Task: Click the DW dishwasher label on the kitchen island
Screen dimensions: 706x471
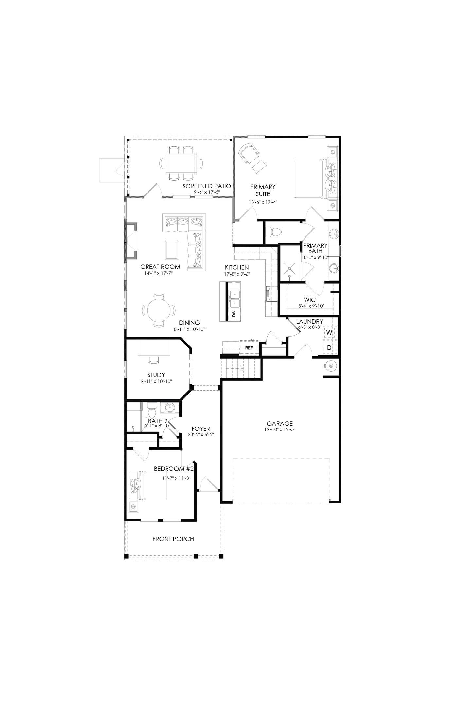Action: (234, 314)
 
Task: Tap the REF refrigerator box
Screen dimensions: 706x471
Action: (249, 348)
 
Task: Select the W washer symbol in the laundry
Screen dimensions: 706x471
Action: (329, 332)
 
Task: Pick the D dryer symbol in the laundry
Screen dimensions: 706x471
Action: (329, 348)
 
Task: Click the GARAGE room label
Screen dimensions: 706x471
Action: (279, 424)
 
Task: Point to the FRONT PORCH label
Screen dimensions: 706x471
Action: (173, 539)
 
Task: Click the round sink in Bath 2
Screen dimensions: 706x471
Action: (170, 408)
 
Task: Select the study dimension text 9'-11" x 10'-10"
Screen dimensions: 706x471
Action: (156, 381)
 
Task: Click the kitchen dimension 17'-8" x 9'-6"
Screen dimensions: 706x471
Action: (237, 274)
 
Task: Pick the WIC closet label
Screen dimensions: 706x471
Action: (309, 300)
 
